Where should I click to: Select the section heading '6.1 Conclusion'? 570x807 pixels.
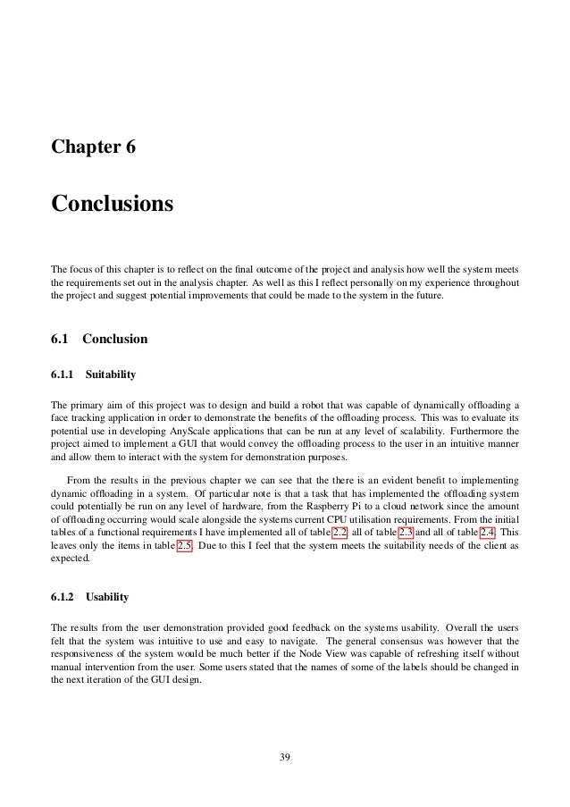tap(99, 340)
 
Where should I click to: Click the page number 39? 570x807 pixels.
tap(285, 759)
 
